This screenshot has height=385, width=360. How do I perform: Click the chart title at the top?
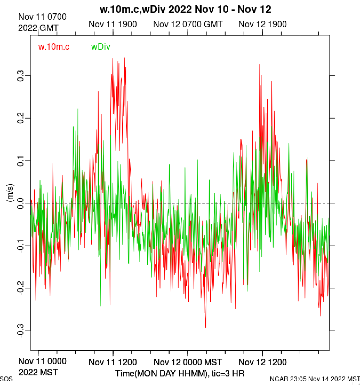[x=185, y=10]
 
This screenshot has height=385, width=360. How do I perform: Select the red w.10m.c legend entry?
[x=54, y=47]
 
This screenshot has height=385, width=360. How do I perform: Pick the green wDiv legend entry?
[x=101, y=47]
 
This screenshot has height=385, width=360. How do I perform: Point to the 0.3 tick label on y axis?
[x=21, y=76]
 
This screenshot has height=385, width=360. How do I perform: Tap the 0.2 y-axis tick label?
[x=21, y=118]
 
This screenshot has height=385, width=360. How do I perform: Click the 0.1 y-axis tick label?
[x=21, y=161]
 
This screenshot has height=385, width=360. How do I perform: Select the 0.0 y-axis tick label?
[x=21, y=203]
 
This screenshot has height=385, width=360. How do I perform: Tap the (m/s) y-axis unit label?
[x=10, y=193]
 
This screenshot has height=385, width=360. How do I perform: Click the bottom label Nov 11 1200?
[x=113, y=362]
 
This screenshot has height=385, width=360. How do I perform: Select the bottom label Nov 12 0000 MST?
[x=188, y=362]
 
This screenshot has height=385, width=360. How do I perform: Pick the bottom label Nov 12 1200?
[x=262, y=362]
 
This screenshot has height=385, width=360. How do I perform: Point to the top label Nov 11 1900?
[x=113, y=24]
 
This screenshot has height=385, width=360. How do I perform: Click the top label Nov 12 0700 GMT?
[x=188, y=24]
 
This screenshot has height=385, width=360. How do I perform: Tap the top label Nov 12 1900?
[x=262, y=24]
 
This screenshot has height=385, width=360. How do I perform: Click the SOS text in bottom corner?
[x=6, y=379]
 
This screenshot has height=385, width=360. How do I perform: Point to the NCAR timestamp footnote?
[x=315, y=379]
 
